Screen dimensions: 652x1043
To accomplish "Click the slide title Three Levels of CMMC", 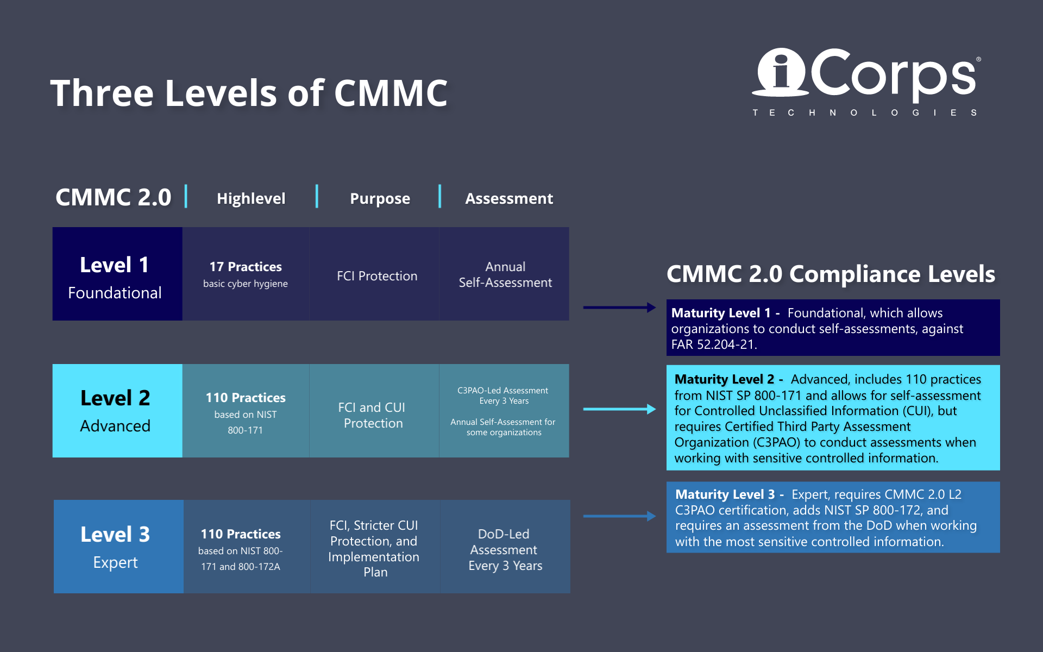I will (249, 93).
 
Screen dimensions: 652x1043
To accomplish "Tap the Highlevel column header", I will (250, 198).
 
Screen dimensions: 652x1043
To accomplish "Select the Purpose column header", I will (380, 198).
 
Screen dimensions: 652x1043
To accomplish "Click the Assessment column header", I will (508, 198).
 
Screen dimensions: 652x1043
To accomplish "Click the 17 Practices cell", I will (246, 274).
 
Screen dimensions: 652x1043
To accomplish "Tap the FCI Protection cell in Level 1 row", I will (377, 276).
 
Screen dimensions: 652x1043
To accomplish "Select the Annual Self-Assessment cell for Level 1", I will (505, 274).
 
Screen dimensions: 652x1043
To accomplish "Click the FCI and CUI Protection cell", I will (373, 415).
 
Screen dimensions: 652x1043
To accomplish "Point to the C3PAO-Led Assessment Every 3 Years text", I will (503, 396).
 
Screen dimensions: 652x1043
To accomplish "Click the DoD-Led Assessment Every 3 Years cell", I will (505, 549).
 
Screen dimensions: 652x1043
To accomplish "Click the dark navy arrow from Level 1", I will (619, 308).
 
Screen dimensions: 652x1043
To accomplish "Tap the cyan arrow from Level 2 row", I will (619, 409).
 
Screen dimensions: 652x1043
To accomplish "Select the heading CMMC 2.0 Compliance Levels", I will (830, 274).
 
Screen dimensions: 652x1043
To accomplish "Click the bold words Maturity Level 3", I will (725, 494).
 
